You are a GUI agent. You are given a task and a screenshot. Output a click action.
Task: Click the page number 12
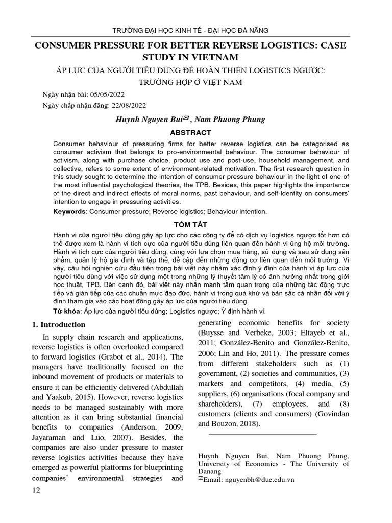coord(36,491)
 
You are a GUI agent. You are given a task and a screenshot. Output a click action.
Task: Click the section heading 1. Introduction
coord(59,325)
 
